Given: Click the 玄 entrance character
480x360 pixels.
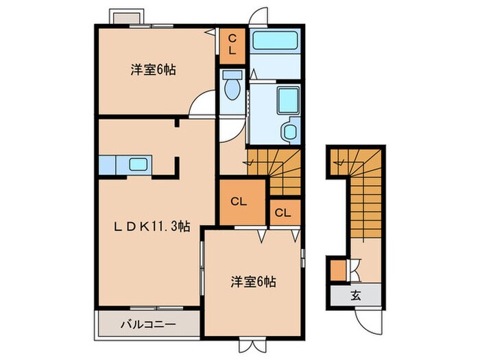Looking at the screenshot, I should pyautogui.click(x=356, y=296).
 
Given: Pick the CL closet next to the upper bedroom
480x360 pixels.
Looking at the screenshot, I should pyautogui.click(x=232, y=45).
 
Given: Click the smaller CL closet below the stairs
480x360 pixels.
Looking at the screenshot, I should pyautogui.click(x=283, y=213).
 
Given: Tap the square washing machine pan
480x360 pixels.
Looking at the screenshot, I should pyautogui.click(x=285, y=101).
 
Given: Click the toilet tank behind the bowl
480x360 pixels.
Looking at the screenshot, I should pyautogui.click(x=232, y=75).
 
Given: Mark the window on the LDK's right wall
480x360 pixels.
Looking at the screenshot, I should pyautogui.click(x=202, y=273).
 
